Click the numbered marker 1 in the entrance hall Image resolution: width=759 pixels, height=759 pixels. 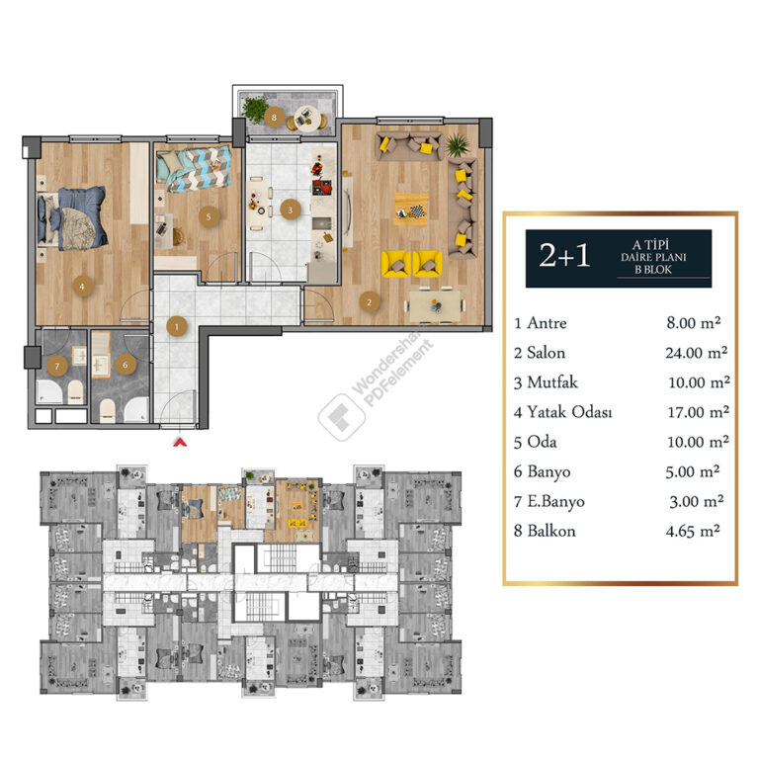[x=177, y=327]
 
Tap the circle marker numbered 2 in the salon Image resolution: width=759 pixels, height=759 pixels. [x=370, y=302]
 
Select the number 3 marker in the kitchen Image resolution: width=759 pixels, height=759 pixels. [x=290, y=211]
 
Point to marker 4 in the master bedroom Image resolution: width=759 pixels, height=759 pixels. [x=82, y=287]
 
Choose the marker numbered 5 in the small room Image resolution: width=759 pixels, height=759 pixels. [x=210, y=216]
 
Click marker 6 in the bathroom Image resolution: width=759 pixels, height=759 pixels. [x=126, y=365]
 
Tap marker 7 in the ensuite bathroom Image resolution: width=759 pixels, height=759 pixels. [x=57, y=366]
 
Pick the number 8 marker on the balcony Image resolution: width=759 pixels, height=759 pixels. [x=274, y=118]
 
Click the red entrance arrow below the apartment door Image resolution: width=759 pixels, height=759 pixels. [x=180, y=442]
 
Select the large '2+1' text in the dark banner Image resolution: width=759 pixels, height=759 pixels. [x=564, y=255]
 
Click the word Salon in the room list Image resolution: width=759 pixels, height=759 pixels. [x=546, y=353]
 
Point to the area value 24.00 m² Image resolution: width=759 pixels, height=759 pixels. [x=696, y=353]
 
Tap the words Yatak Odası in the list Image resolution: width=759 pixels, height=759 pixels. [x=569, y=412]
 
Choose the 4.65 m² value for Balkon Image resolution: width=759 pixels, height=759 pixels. [x=693, y=531]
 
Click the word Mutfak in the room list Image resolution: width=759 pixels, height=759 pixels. [x=552, y=382]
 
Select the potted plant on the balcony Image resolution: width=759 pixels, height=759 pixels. [x=254, y=109]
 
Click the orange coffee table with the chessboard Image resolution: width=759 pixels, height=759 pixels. [x=411, y=210]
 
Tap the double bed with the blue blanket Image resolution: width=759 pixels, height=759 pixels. [x=72, y=218]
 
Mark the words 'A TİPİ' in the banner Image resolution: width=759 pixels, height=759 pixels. [x=650, y=244]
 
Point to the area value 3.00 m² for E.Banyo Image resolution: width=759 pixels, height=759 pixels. [x=697, y=501]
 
